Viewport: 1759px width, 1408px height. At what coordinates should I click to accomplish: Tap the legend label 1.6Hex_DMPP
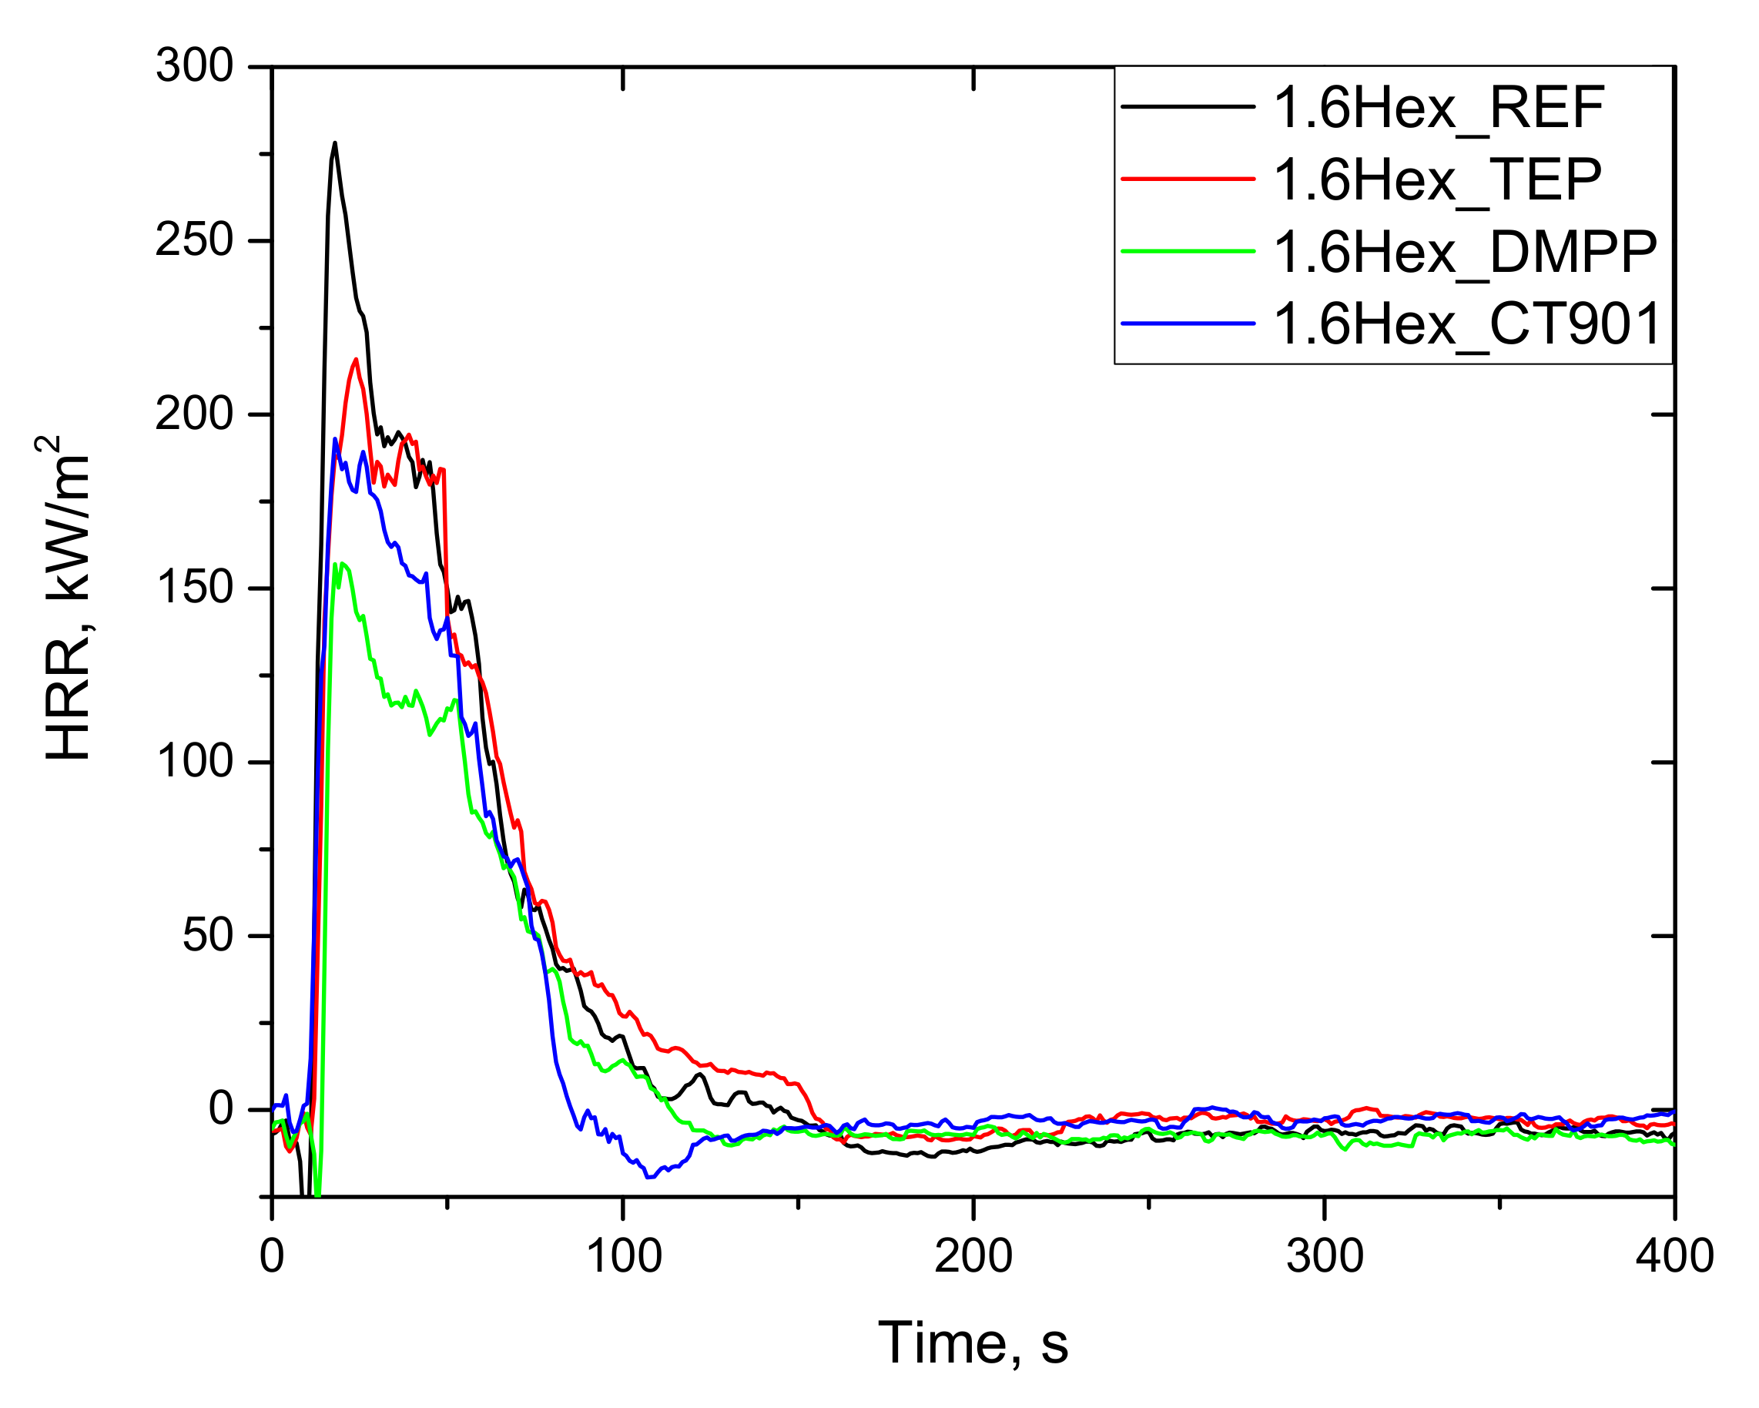(1466, 251)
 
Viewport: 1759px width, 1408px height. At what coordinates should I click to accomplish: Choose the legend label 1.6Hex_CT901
(1467, 324)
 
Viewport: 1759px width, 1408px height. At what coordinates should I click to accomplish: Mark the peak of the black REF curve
(334, 142)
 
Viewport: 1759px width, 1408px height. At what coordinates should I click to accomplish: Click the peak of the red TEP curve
(356, 359)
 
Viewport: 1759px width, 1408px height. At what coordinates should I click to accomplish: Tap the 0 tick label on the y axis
(221, 1108)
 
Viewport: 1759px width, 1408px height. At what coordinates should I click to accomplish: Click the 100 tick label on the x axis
(623, 1255)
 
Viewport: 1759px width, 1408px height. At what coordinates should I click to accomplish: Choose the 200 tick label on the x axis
(973, 1255)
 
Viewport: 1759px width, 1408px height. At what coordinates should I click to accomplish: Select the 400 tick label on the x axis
(1674, 1255)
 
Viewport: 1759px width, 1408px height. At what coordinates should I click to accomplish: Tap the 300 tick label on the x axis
(1324, 1255)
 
